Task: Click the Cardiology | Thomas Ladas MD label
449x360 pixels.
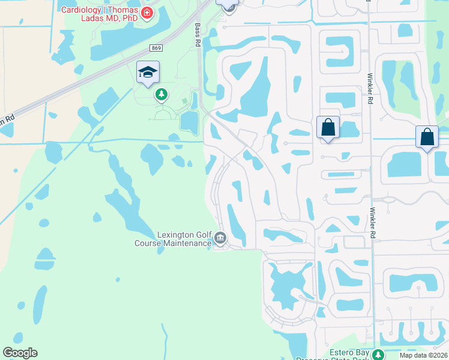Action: (99, 14)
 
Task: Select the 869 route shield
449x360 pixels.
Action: (156, 48)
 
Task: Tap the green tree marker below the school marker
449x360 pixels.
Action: (161, 94)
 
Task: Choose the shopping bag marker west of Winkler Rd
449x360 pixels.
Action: (328, 128)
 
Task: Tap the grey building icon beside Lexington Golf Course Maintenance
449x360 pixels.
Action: (220, 239)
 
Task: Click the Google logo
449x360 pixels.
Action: (20, 353)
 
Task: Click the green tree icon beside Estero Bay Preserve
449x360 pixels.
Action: (378, 355)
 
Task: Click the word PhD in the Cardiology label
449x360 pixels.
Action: (128, 19)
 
